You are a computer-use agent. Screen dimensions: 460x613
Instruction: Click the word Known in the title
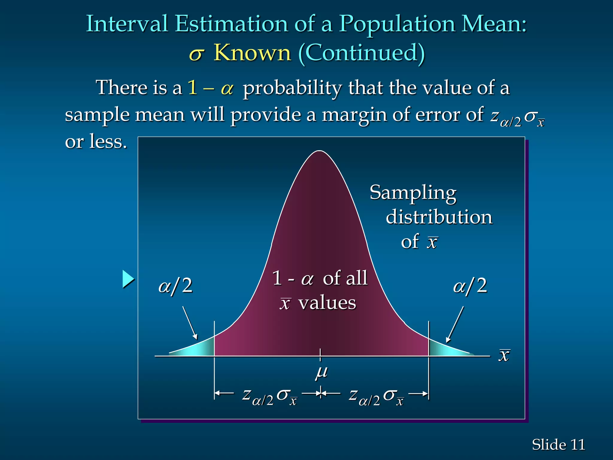[x=252, y=53]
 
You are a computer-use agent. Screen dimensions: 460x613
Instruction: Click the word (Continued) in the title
[x=362, y=53]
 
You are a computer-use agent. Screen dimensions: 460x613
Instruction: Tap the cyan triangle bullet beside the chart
[x=128, y=279]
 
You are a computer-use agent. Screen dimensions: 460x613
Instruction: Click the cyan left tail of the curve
[x=199, y=347]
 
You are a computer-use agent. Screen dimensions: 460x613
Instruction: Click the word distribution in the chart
[x=439, y=217]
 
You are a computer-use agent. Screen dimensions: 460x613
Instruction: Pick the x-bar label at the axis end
[x=504, y=355]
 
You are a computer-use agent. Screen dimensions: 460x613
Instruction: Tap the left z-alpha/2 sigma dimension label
[x=269, y=397]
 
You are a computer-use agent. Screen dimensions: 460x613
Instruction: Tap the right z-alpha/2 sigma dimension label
[x=376, y=397]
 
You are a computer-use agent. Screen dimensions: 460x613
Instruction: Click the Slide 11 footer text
[x=558, y=444]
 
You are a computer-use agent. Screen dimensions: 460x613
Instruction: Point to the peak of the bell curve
[x=320, y=151]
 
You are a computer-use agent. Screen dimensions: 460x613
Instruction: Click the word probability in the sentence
[x=292, y=88]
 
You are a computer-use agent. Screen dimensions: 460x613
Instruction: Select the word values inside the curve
[x=327, y=303]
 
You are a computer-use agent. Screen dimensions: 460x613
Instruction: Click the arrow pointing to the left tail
[x=190, y=323]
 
